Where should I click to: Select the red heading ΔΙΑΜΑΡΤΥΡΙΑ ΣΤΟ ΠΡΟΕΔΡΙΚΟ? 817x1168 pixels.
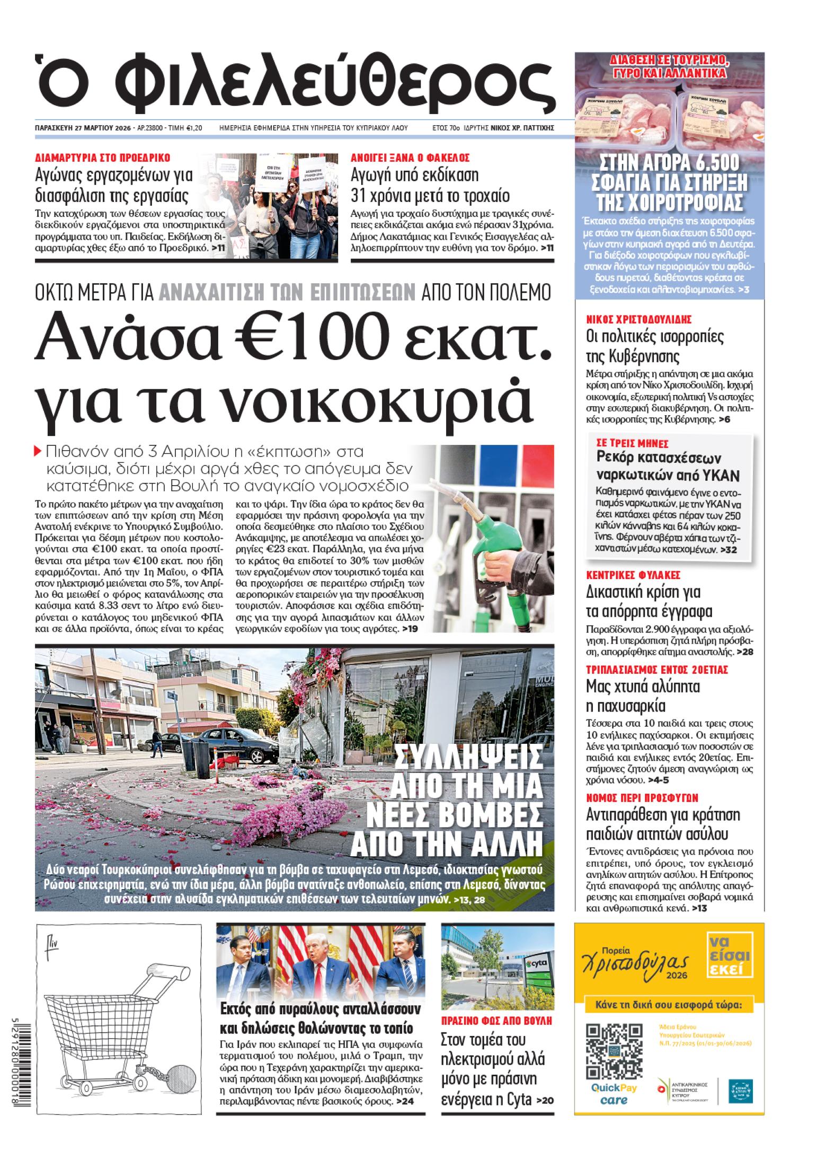(x=102, y=157)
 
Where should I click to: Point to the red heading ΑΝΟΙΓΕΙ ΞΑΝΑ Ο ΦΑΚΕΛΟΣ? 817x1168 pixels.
(x=411, y=157)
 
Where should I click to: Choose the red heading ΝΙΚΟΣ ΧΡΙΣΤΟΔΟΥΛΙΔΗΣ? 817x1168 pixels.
(x=632, y=319)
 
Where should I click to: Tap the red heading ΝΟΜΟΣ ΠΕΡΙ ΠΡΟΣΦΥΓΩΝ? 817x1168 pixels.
(x=642, y=797)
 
